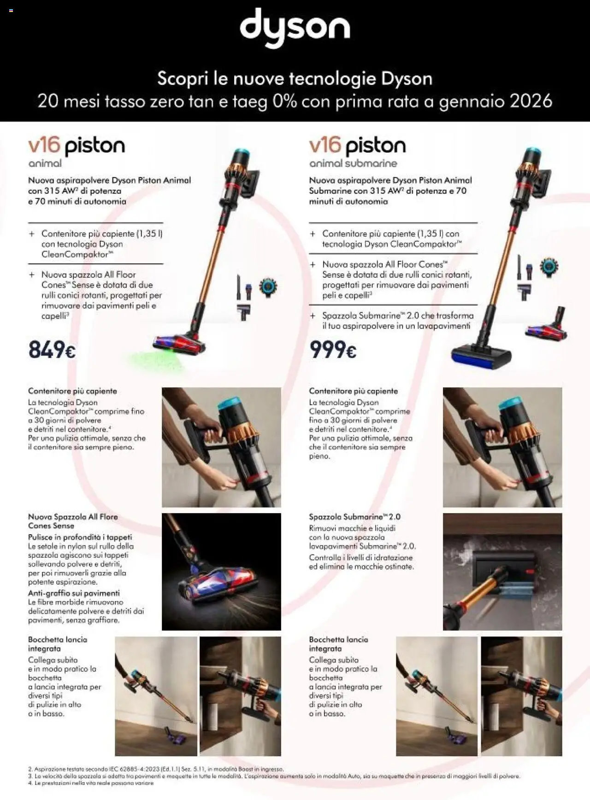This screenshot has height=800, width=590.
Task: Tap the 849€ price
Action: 52,350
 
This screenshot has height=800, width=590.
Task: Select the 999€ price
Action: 333,350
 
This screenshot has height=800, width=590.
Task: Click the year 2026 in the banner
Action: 531,101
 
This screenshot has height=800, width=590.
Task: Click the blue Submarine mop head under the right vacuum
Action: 481,354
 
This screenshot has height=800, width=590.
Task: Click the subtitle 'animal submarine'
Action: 353,163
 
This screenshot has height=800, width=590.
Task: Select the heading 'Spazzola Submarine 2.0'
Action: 354,517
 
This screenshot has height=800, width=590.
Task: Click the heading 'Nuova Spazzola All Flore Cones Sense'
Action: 73,521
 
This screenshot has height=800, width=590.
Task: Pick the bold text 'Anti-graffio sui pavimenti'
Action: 74,593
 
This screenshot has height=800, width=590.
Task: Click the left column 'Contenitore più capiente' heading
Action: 72,391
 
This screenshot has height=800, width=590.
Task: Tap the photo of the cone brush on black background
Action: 221,572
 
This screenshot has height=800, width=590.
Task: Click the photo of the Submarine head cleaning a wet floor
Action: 502,572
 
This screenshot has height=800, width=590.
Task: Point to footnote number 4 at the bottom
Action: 30,783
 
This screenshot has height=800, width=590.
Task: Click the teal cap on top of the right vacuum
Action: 533,153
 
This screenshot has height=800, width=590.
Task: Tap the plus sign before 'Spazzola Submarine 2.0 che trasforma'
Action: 313,316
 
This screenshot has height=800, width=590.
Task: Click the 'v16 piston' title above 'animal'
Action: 77,146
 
